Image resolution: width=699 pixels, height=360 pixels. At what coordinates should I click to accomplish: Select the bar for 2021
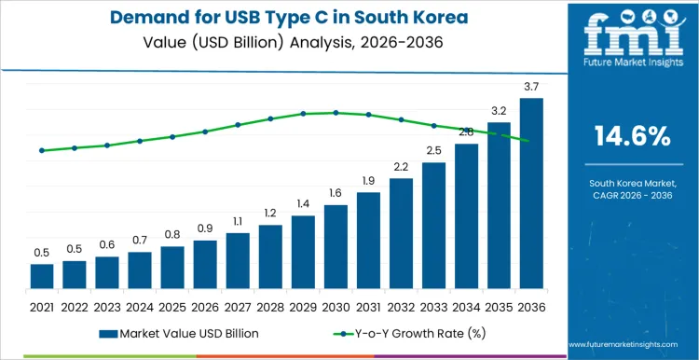click(42, 276)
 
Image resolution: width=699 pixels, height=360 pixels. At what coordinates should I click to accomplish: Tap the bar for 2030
click(336, 246)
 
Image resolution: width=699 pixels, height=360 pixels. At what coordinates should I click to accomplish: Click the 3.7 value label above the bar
click(531, 87)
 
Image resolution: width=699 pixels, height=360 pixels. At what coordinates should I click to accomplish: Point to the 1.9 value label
click(368, 181)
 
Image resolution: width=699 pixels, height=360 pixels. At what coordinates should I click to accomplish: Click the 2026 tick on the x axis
click(205, 306)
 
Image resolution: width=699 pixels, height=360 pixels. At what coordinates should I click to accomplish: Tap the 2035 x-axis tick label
click(499, 306)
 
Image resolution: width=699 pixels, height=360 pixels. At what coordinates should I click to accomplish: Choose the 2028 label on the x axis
click(270, 306)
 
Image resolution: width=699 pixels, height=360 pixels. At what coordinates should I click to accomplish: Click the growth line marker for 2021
click(42, 150)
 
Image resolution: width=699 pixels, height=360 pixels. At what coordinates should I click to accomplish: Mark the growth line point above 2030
click(336, 113)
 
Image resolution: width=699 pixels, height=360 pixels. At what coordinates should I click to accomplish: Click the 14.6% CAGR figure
click(633, 136)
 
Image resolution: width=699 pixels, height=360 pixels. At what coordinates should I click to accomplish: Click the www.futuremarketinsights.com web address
click(633, 345)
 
